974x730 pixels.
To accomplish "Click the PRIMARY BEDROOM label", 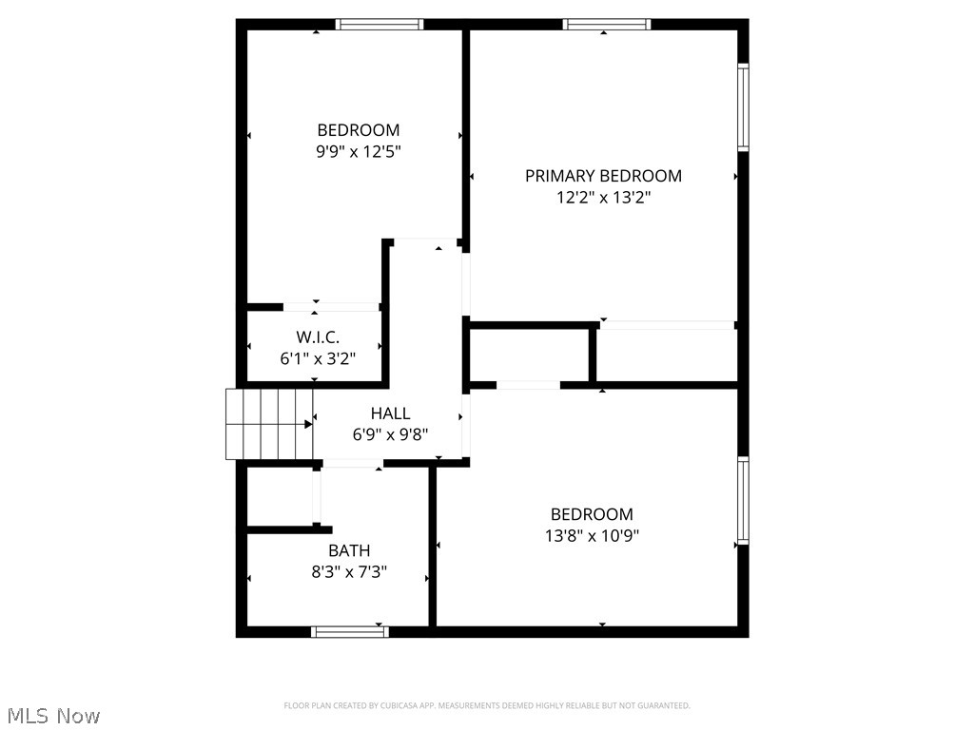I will pyautogui.click(x=603, y=176).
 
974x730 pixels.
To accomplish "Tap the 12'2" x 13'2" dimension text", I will pyautogui.click(x=603, y=199).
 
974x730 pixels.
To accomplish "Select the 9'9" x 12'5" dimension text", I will pyautogui.click(x=358, y=152).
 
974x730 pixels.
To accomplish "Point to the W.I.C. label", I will pyautogui.click(x=318, y=337).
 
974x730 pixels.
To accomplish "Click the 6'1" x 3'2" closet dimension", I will pyautogui.click(x=318, y=359).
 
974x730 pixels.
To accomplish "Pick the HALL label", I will pyautogui.click(x=390, y=413).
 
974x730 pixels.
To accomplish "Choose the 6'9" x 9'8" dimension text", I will pyautogui.click(x=390, y=435).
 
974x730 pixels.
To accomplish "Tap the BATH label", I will pyautogui.click(x=349, y=550).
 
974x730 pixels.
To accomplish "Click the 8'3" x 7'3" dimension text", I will pyautogui.click(x=349, y=572).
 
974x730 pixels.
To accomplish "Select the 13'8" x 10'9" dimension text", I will pyautogui.click(x=592, y=536).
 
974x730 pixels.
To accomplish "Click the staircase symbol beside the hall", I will pyautogui.click(x=269, y=424).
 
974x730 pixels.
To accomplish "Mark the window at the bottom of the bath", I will pyautogui.click(x=350, y=631).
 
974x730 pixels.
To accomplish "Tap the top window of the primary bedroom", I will pyautogui.click(x=606, y=25).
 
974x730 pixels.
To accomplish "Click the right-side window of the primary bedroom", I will pyautogui.click(x=743, y=106).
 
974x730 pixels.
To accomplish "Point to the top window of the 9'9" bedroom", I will pyautogui.click(x=380, y=25).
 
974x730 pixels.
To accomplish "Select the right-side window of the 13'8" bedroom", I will pyautogui.click(x=743, y=500).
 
